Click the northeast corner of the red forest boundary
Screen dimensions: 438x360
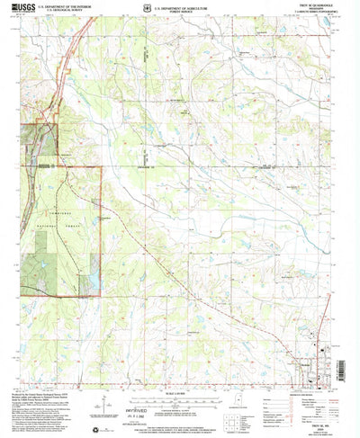pyautogui.click(x=101, y=168)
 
